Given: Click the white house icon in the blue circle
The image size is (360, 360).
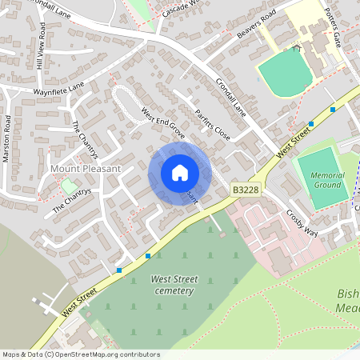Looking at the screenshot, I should coord(180,173).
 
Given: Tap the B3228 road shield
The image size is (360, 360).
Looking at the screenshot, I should coord(245,190).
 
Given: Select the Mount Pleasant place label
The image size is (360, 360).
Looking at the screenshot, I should coord(85,169).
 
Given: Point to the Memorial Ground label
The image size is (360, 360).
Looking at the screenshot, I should coord(328,179).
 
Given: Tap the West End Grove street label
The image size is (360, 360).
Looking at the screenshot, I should coord(162,124).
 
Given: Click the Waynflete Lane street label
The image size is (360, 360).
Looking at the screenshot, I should coord(58,88).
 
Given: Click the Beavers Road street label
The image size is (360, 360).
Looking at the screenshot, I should coord(257,25).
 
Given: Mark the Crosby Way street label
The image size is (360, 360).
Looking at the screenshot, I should coord(302,223).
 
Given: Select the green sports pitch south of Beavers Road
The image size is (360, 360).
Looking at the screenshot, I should coord(285,70).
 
